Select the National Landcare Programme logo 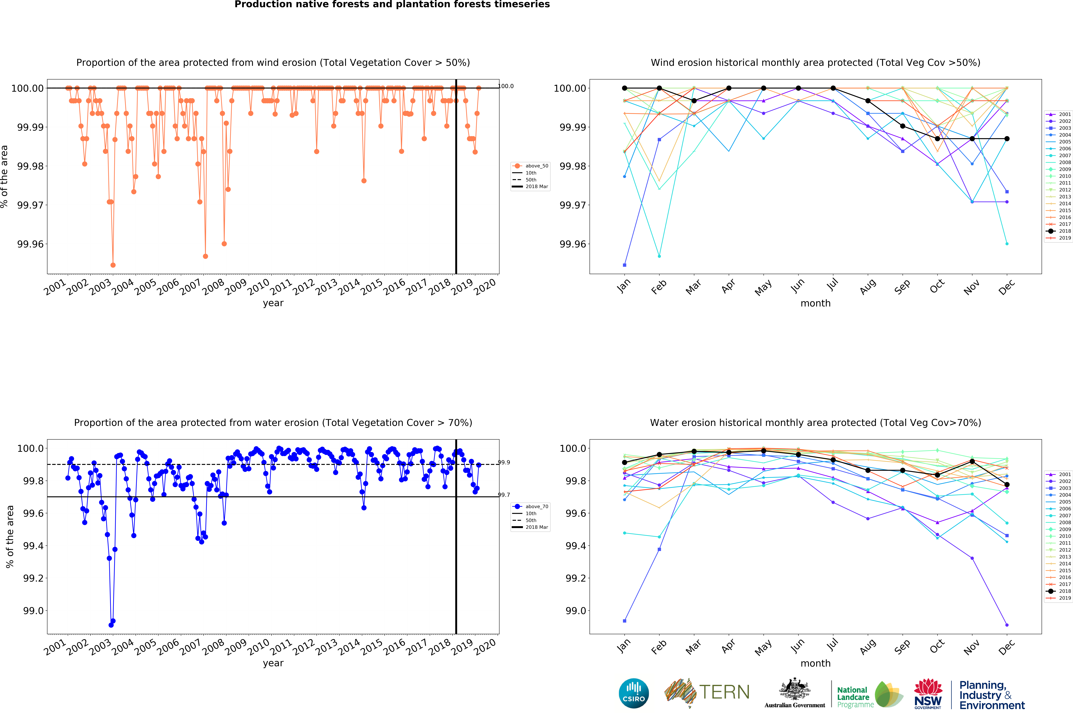(x=869, y=694)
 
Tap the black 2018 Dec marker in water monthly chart (x=1007, y=485)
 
